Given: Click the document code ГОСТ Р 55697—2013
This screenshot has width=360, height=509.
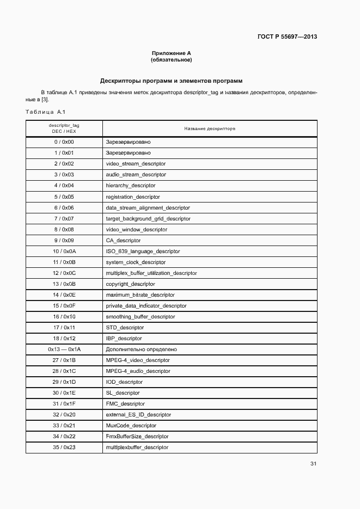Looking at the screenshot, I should tap(287, 37).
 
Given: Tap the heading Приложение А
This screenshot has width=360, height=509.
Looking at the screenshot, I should tap(172, 53).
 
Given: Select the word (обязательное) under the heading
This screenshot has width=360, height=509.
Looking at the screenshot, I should tap(172, 60).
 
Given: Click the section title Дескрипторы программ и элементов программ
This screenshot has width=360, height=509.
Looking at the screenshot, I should tap(171, 81).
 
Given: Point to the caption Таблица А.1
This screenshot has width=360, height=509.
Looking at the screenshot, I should tap(45, 112).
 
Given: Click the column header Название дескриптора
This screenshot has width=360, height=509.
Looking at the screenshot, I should tap(210, 129).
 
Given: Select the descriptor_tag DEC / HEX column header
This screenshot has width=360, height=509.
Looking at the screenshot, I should tap(64, 128).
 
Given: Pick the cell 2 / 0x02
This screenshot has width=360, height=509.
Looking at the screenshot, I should tap(64, 164).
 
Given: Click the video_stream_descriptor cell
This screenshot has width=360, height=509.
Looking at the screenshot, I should tap(136, 164).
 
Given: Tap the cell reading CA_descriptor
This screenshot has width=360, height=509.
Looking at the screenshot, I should tap(123, 240).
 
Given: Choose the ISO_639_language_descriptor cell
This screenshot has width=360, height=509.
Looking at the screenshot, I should tap(143, 251).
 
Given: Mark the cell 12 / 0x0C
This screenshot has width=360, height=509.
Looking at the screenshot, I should tap(64, 273).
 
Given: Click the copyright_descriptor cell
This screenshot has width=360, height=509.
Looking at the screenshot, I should tap(130, 284).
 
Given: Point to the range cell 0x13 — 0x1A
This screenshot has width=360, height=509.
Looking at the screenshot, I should tap(64, 349).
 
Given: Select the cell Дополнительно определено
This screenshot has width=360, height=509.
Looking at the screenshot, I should tap(141, 349).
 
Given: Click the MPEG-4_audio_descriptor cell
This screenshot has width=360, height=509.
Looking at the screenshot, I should tap(138, 371).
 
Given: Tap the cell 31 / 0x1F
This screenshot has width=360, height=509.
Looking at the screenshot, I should tap(64, 403).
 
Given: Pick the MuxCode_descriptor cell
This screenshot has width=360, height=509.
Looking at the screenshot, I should tap(131, 425).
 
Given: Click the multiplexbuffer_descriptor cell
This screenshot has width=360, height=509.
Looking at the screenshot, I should tap(137, 447).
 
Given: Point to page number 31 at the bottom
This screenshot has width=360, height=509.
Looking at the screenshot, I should tap(313, 464).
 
